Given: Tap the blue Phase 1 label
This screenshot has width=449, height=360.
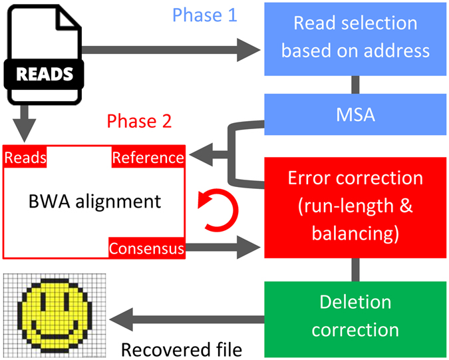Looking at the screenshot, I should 204,15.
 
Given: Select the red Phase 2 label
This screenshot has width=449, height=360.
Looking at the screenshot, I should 140,121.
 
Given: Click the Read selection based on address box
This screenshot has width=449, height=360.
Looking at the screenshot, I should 357,38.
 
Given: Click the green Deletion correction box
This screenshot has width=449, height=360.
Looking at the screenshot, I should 357,316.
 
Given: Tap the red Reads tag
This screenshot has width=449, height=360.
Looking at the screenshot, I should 25,157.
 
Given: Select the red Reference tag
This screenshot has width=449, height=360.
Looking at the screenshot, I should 147,157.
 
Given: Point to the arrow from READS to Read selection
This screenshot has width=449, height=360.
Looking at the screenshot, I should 173,47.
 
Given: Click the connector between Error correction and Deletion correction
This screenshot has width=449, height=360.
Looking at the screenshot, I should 357,270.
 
